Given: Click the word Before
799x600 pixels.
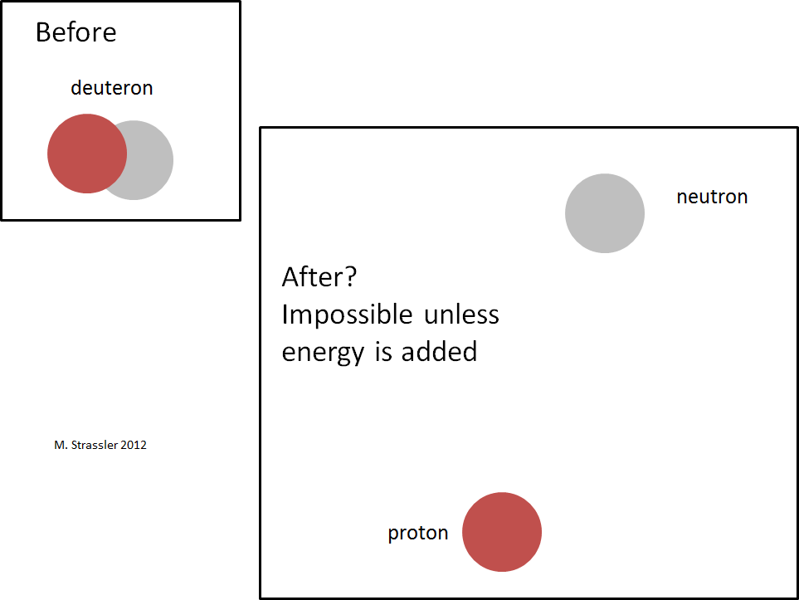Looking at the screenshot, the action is click(76, 32).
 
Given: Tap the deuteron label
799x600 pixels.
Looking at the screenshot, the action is click(112, 88).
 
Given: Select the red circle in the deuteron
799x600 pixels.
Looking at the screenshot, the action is click(87, 154).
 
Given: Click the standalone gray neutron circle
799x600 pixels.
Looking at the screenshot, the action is click(605, 213).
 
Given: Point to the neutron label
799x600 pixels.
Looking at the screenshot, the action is click(712, 197).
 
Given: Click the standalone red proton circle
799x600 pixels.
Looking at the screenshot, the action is click(502, 532).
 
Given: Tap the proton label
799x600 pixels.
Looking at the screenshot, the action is click(418, 534).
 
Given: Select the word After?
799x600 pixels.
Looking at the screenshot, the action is click(319, 277).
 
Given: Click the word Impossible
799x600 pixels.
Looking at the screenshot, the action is click(347, 314).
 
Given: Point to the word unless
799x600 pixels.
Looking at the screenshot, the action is click(461, 314).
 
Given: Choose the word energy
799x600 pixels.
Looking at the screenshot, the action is click(323, 353).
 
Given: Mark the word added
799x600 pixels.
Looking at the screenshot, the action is click(439, 352).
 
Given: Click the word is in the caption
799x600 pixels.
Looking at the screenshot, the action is click(383, 352).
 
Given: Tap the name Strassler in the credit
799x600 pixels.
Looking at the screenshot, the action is click(95, 445).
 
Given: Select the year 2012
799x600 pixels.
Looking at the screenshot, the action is click(134, 445).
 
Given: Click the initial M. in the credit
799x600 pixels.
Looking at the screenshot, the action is click(61, 445).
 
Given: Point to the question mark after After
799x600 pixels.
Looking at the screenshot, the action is click(351, 277).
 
